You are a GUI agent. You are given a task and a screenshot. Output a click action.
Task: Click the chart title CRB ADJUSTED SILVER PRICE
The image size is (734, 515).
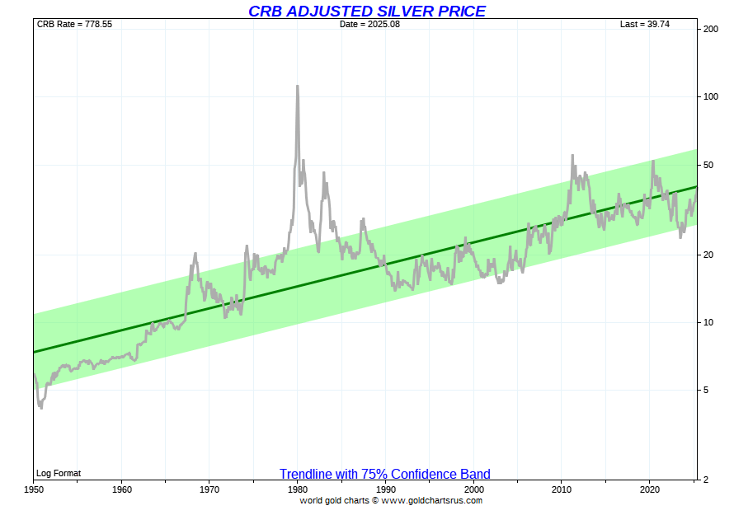click(x=367, y=11)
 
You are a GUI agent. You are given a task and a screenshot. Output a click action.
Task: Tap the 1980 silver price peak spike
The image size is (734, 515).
click(x=297, y=87)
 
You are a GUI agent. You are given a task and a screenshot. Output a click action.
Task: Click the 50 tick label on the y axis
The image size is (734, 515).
click(x=708, y=166)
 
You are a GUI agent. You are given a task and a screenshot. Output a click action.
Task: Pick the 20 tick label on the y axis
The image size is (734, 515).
click(x=708, y=255)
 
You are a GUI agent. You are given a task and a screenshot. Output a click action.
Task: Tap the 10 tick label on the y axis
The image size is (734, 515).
click(x=708, y=322)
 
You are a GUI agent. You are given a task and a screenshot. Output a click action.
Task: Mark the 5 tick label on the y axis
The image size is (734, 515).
click(x=705, y=390)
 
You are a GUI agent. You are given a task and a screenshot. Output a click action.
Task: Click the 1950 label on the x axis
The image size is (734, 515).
click(x=34, y=489)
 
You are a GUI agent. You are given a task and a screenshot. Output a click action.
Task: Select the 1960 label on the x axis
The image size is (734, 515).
click(x=121, y=489)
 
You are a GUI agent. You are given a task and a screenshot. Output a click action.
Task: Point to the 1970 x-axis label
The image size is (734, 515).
click(x=209, y=489)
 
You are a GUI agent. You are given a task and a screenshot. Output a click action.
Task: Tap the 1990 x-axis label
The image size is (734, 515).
click(x=385, y=489)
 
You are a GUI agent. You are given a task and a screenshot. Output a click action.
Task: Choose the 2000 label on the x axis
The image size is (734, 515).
click(x=473, y=489)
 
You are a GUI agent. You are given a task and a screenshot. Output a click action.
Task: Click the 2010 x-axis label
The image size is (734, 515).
click(x=562, y=489)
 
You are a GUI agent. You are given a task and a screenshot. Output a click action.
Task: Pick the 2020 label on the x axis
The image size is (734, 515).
click(x=649, y=489)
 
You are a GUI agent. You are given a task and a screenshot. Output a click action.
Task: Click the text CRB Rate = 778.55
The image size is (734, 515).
click(x=74, y=24)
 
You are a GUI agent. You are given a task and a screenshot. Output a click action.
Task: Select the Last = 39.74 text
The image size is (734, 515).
click(x=645, y=24)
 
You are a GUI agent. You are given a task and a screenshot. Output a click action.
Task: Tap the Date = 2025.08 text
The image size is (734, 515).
click(x=369, y=24)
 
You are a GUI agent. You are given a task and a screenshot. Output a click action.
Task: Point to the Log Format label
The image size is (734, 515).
click(x=59, y=473)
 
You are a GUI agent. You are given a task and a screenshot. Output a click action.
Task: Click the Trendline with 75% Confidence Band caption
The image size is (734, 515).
click(x=384, y=474)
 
